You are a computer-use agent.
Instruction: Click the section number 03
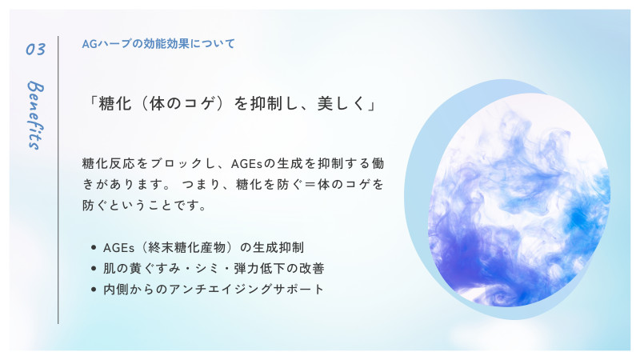coord(35,49)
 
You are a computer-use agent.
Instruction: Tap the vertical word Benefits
coord(35,115)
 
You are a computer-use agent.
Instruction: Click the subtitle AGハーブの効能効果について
coord(158,44)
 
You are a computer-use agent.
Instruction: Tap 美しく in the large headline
coord(342,104)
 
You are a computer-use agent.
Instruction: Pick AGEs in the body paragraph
coord(247,164)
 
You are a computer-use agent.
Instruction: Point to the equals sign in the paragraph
coord(310,185)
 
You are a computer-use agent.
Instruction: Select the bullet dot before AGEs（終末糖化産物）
coord(94,247)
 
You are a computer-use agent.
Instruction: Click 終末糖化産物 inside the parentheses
coord(186,247)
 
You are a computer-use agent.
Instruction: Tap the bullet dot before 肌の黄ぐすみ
coord(94,268)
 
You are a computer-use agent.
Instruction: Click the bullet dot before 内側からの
coord(94,290)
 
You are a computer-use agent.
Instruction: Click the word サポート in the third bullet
coord(298,290)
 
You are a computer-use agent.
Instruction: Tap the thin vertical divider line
coord(58,180)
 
